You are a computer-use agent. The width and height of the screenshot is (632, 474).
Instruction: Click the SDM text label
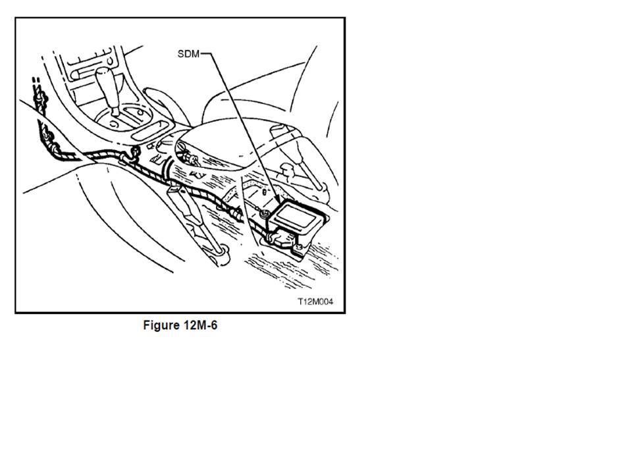tap(188, 54)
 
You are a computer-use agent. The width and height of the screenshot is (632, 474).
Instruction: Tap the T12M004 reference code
tap(315, 302)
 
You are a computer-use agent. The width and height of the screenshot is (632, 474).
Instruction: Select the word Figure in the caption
tap(161, 326)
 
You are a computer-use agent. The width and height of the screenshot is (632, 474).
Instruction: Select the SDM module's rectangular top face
tap(300, 215)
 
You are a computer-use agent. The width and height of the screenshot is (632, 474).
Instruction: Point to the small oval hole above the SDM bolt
tap(262, 192)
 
